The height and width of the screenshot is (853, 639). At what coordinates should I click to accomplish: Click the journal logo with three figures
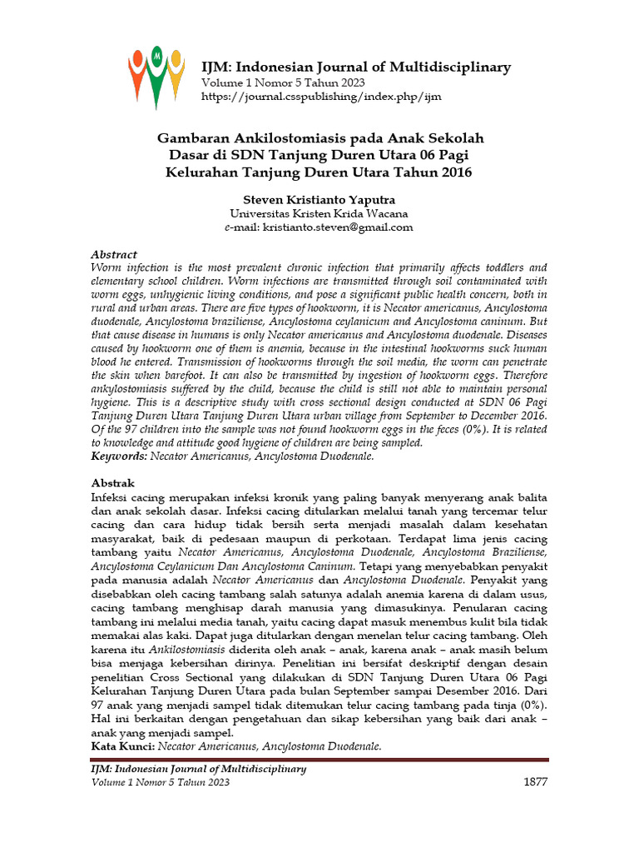click(156, 77)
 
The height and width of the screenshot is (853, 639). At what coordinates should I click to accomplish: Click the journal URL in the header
click(321, 97)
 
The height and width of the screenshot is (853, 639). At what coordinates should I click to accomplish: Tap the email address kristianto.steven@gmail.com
click(338, 227)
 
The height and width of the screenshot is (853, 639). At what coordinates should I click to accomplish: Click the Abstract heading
click(113, 255)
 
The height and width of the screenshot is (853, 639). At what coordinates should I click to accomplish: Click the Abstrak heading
click(112, 483)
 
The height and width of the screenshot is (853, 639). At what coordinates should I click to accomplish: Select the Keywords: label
click(118, 456)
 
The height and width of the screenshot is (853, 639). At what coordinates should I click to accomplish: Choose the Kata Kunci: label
click(121, 746)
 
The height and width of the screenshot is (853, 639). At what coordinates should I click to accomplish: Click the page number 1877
click(534, 782)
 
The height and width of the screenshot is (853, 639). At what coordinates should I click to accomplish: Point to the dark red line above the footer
click(319, 760)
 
